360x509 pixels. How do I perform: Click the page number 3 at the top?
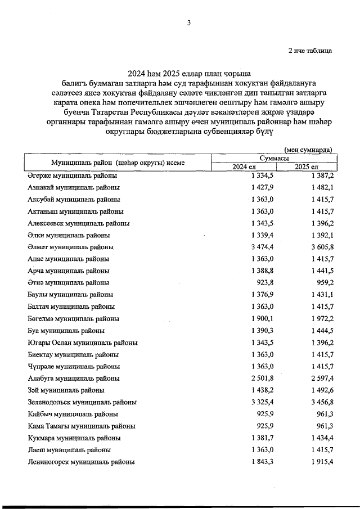189,23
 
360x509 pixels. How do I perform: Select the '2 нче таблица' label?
310,50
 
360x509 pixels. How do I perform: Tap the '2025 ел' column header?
307,168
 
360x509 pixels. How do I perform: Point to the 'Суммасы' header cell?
274,159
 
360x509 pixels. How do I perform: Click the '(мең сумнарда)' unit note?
308,150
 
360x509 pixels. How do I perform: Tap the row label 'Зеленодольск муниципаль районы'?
82,402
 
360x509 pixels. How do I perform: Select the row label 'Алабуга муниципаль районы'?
73,379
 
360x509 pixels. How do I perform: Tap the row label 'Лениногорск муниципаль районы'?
81,462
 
